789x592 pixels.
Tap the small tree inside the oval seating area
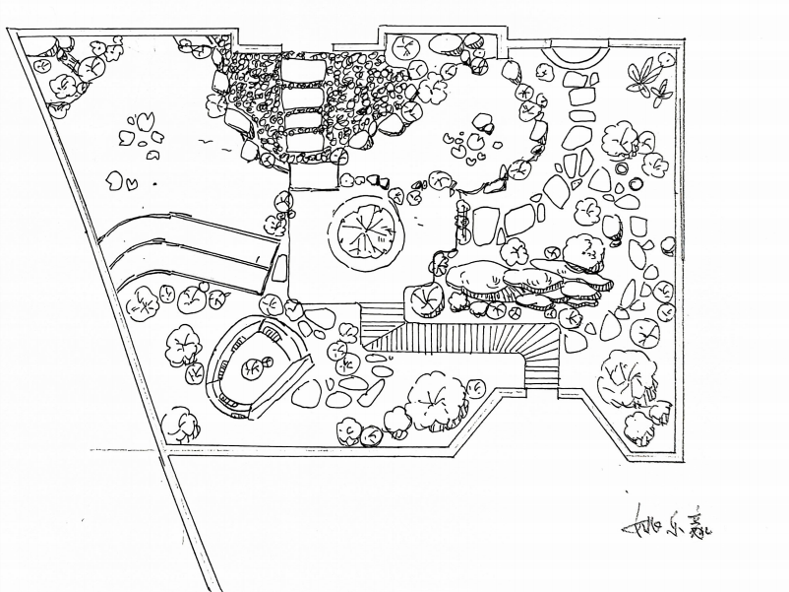pos(252,367)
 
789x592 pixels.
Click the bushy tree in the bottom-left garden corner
pos(181,424)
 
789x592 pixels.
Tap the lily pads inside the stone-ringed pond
pos(467,143)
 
